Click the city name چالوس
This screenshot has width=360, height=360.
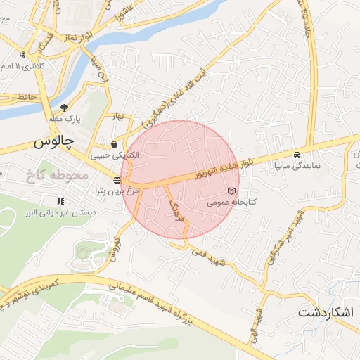pos(53,141)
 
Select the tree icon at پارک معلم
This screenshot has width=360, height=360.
pos(64,108)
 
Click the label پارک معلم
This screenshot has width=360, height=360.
pos(64,119)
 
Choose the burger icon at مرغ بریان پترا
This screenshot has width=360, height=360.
pos(116,180)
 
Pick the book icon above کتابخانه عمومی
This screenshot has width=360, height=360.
pos(232,191)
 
